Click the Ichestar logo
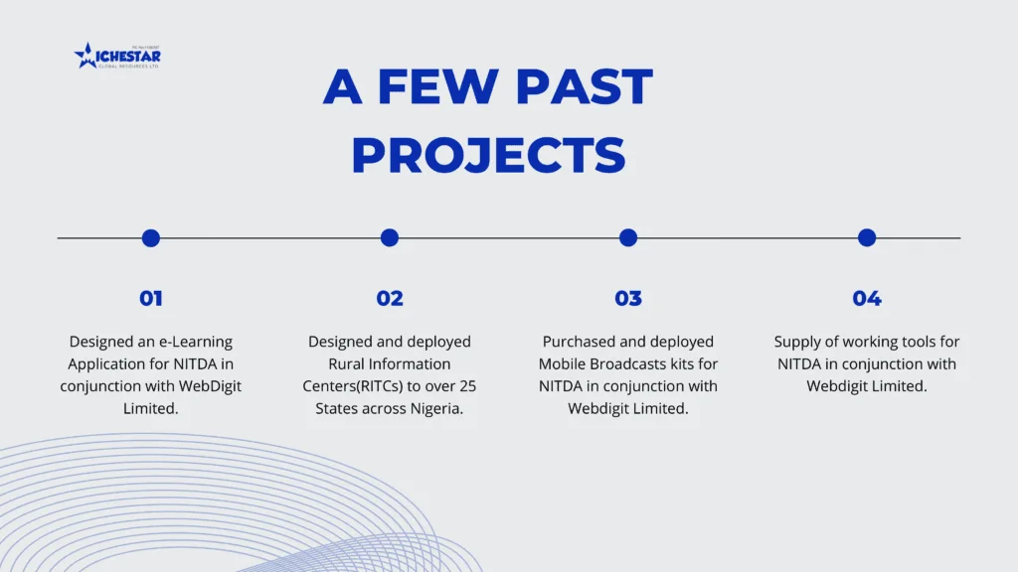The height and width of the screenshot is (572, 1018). click(x=117, y=56)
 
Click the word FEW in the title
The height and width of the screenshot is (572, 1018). click(x=437, y=86)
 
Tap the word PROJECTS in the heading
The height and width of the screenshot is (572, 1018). click(x=488, y=155)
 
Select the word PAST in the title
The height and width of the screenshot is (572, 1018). click(x=585, y=86)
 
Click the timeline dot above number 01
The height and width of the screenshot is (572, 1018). click(x=151, y=238)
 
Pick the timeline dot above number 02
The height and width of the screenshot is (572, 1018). click(x=390, y=238)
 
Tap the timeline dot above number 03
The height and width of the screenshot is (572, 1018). click(x=628, y=238)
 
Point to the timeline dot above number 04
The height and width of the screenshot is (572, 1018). click(x=867, y=238)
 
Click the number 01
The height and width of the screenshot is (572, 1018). click(x=151, y=298)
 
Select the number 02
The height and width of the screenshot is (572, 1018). click(x=390, y=298)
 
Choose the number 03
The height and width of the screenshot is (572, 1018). click(x=628, y=298)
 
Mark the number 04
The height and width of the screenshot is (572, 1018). click(x=867, y=298)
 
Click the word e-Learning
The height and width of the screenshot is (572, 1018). click(x=196, y=343)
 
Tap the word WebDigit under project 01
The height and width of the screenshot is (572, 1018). click(x=210, y=386)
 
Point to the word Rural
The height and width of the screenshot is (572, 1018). click(x=347, y=363)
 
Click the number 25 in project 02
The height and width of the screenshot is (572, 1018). click(x=467, y=386)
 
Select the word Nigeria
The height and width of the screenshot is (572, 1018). click(x=436, y=408)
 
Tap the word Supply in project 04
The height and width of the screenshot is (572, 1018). click(x=794, y=343)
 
